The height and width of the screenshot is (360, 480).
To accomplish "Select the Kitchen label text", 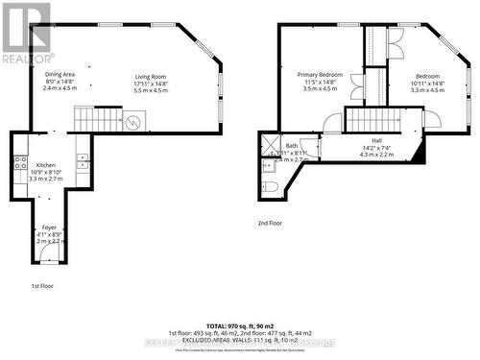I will pos(46,165).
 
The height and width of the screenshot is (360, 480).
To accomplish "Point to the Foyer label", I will pos(49,227).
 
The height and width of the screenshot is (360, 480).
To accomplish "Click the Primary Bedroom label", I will pos(320,75).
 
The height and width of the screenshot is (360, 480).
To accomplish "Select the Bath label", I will pos(292,146).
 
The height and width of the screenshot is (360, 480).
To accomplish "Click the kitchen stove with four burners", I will pos(19,163).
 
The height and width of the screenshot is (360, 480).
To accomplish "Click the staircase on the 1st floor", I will pos(97,120).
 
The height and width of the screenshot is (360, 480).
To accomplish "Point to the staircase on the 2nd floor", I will pos(370,120).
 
